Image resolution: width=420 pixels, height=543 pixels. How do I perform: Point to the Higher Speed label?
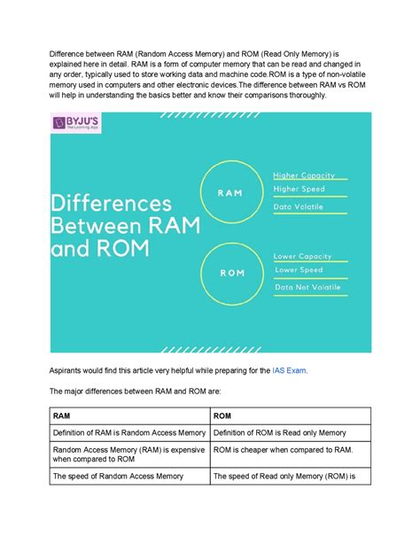point(299,189)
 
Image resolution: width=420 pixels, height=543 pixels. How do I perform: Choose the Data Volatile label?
point(299,207)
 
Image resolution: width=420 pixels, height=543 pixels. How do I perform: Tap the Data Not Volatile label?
point(307,288)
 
